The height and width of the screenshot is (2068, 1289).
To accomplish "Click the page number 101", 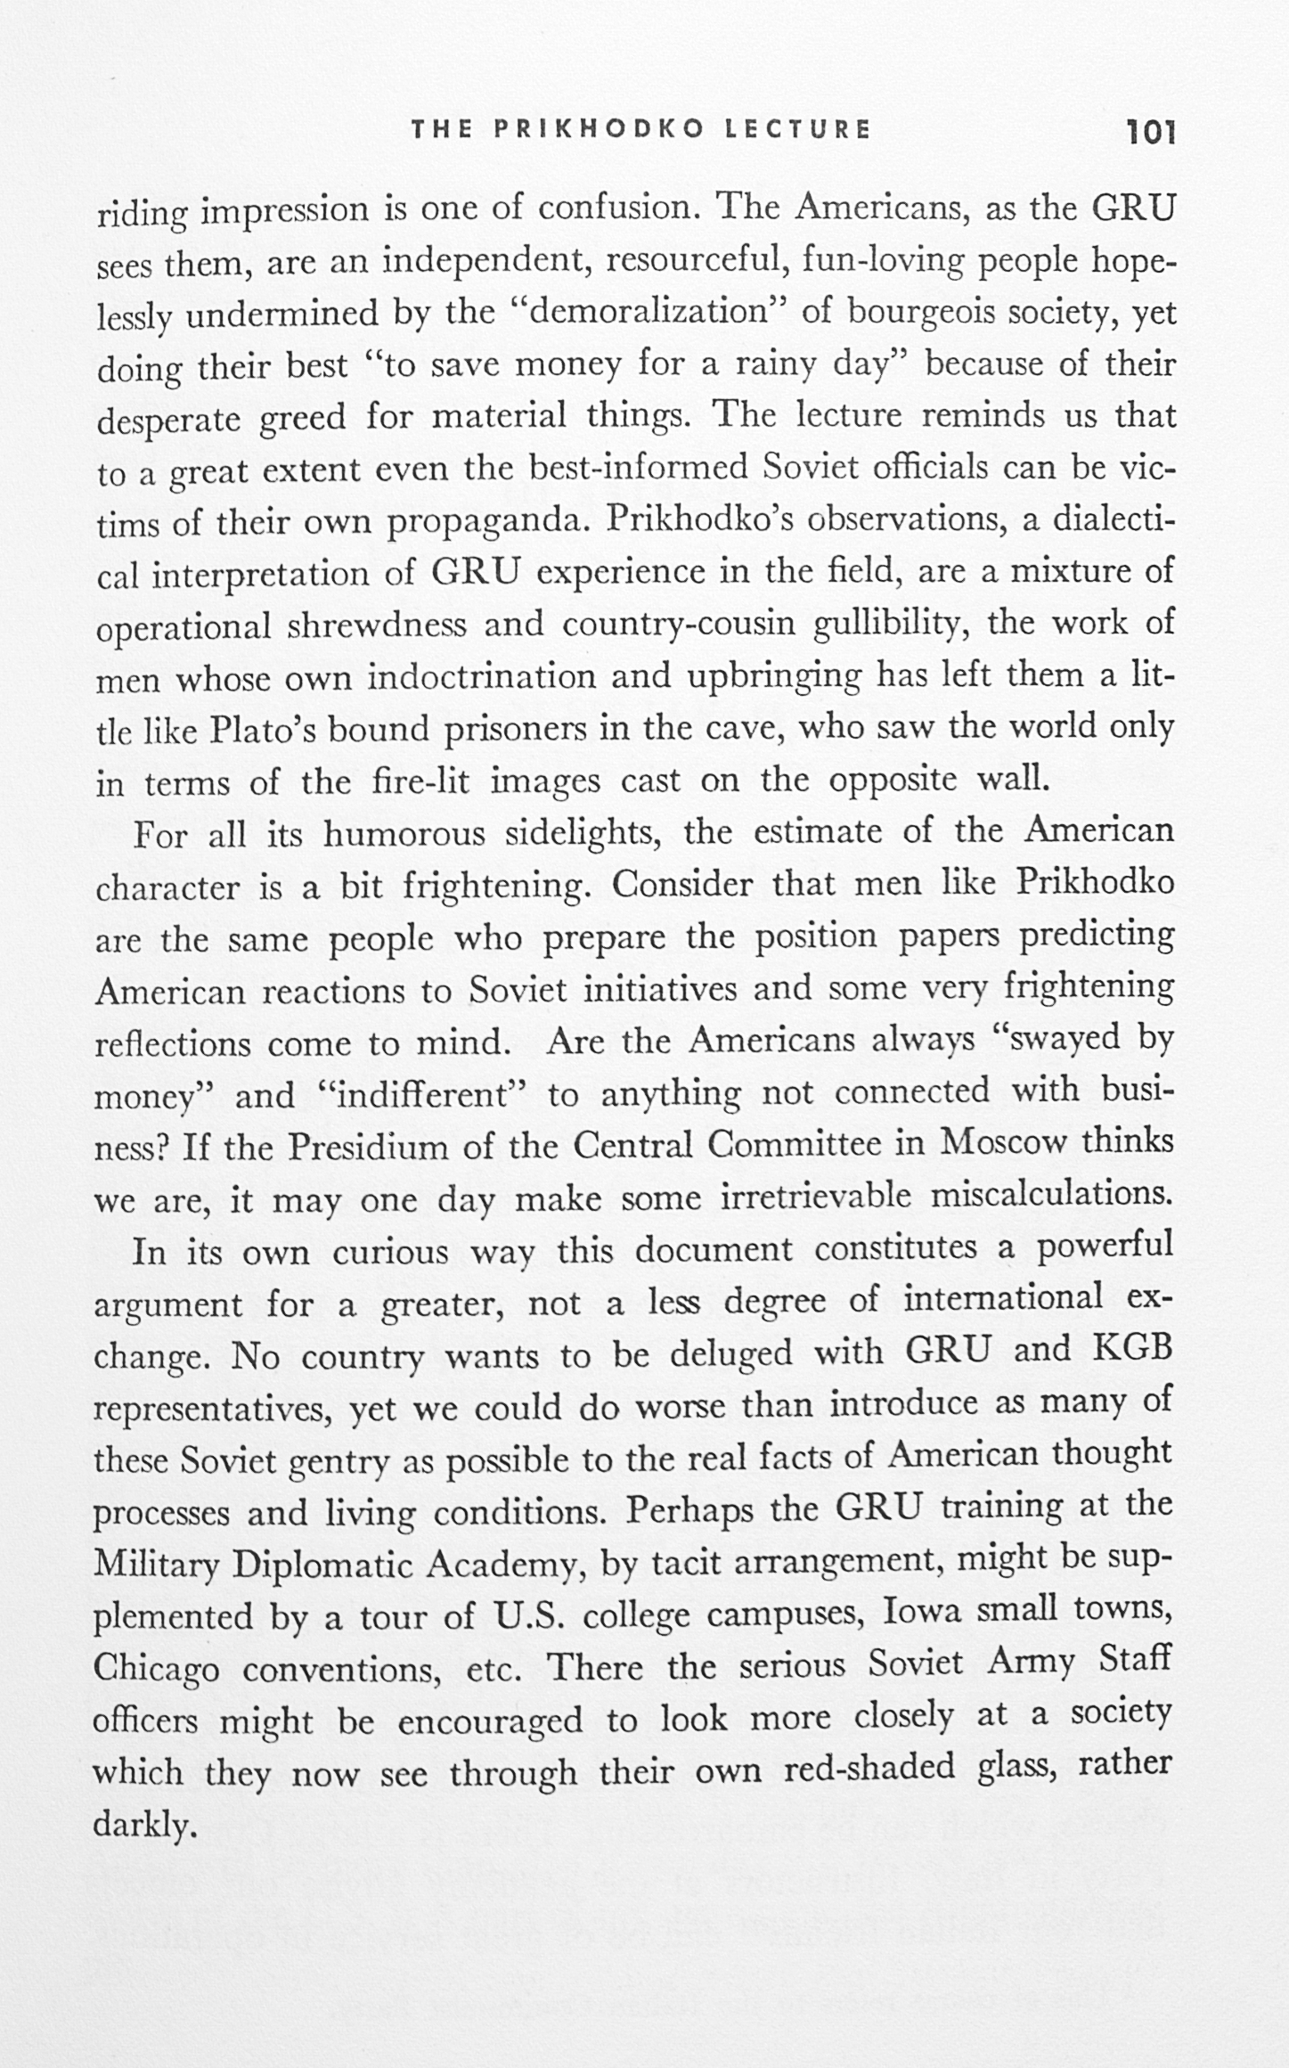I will (x=1152, y=132).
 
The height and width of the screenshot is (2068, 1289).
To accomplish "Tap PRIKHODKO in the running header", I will (x=599, y=129).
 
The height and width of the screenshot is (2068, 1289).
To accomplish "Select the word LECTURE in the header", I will (x=797, y=129).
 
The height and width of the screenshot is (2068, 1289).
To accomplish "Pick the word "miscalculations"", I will (x=1051, y=1196).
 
